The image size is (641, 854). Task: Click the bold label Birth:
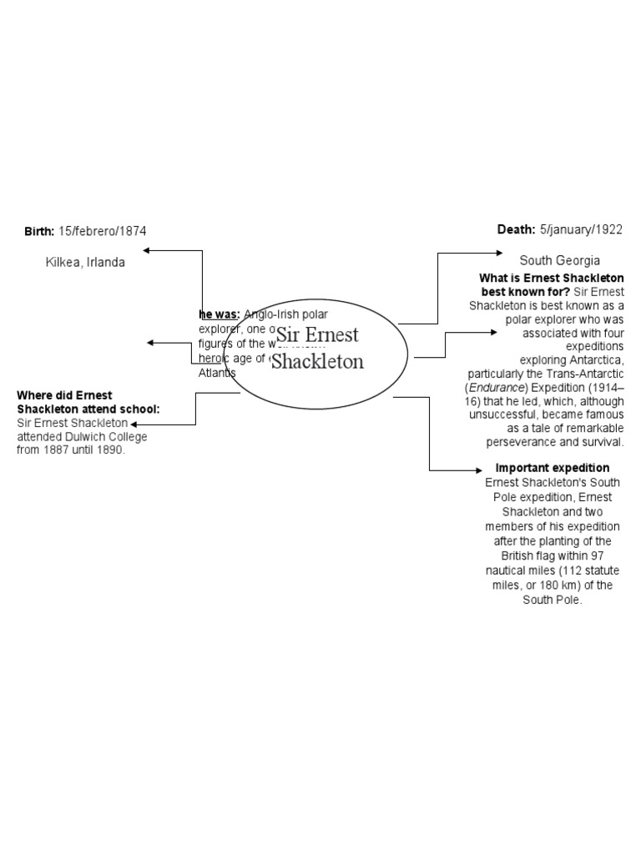click(39, 231)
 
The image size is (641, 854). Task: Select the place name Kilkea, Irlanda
click(85, 262)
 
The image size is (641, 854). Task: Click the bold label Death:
click(516, 229)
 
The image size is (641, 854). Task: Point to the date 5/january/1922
click(581, 229)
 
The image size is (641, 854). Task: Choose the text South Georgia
click(559, 260)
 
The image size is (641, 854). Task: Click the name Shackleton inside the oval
click(317, 362)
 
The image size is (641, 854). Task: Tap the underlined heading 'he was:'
click(220, 314)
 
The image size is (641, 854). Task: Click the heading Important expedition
click(553, 468)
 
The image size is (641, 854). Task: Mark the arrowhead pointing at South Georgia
click(497, 253)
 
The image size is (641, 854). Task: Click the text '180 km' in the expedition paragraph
click(563, 585)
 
